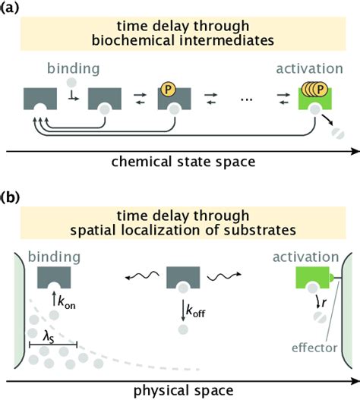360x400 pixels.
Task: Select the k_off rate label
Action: [x=190, y=310]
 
